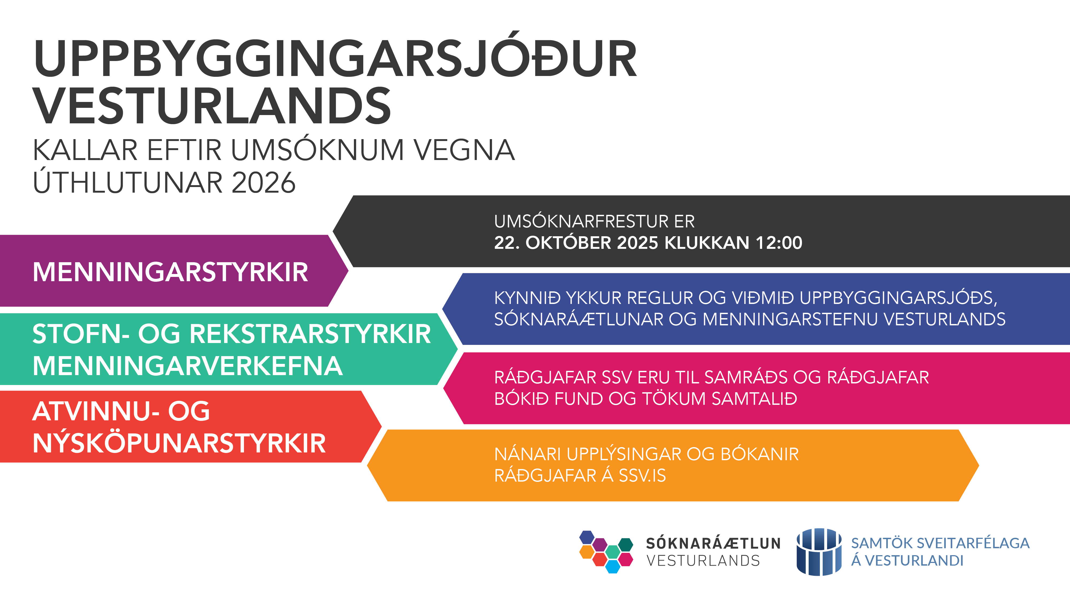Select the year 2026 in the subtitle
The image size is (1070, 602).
tap(263, 182)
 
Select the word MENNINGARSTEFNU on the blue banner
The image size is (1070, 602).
tap(789, 319)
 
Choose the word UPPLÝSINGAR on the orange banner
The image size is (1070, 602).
tap(624, 454)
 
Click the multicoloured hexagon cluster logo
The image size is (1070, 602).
tap(606, 552)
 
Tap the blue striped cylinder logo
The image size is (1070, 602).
tap(819, 552)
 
